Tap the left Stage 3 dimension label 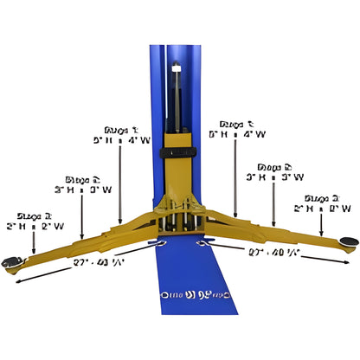(37, 221)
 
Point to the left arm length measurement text (95, 261)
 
